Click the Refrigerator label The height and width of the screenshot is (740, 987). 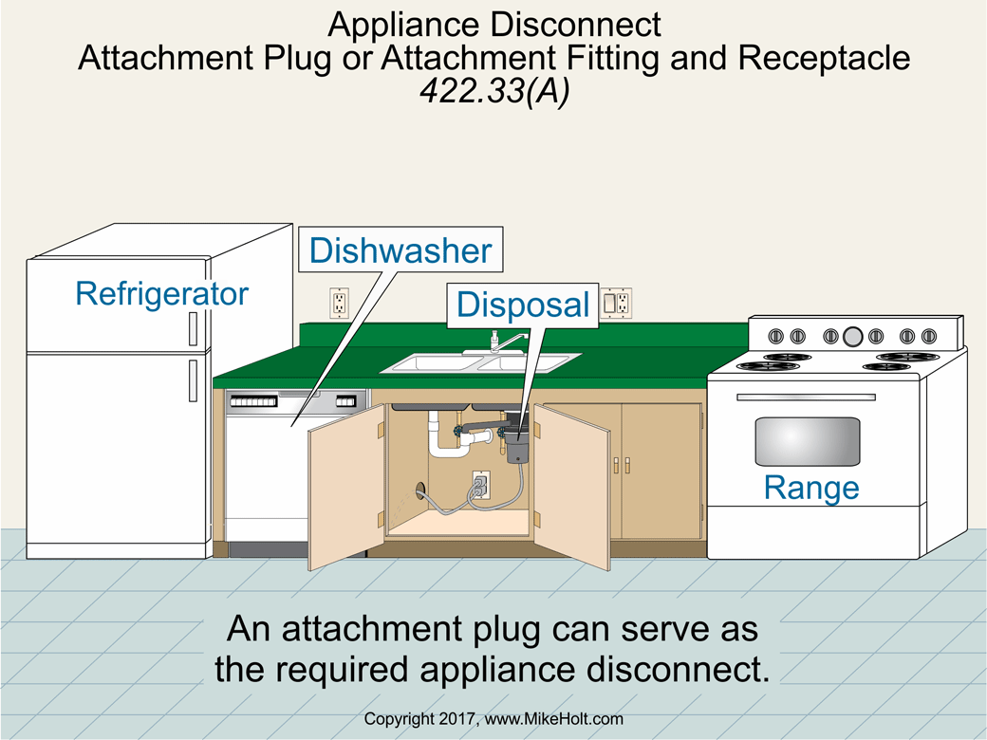pyautogui.click(x=161, y=293)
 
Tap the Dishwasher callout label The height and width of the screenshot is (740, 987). pyautogui.click(x=400, y=250)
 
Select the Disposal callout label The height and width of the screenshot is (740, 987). pyautogui.click(x=523, y=305)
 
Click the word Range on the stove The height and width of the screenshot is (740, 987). pyautogui.click(x=811, y=488)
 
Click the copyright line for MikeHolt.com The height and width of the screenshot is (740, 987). pyautogui.click(x=493, y=720)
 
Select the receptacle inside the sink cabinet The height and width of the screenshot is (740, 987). pyautogui.click(x=480, y=484)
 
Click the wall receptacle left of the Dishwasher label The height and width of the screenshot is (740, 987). pyautogui.click(x=339, y=303)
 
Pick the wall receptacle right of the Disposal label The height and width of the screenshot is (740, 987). pyautogui.click(x=618, y=303)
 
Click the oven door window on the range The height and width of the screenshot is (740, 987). pyautogui.click(x=807, y=440)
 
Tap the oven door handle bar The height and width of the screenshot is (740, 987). pyautogui.click(x=806, y=397)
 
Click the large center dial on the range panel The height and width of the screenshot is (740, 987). pyautogui.click(x=852, y=335)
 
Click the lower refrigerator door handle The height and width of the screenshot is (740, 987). pyautogui.click(x=193, y=379)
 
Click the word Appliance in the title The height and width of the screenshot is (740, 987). pyautogui.click(x=399, y=23)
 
